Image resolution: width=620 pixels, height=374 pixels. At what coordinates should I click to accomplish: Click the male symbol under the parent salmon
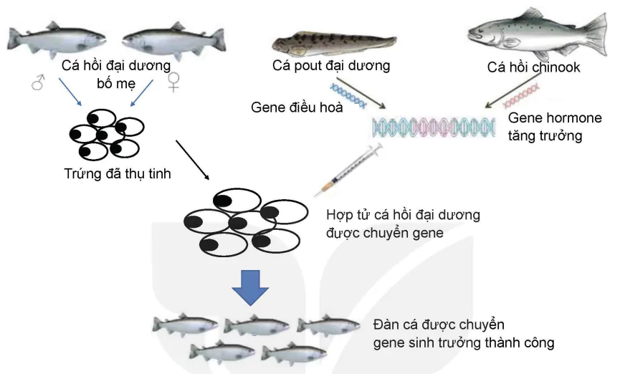(37, 83)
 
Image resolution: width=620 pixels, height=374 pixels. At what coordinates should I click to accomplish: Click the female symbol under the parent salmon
(173, 82)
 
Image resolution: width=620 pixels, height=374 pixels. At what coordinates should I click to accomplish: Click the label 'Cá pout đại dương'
(331, 66)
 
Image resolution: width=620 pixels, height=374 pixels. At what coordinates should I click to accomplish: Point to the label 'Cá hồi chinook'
(533, 68)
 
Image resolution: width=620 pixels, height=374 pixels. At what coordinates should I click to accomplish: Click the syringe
(347, 169)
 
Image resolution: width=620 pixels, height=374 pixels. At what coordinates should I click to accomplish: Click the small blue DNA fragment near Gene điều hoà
(348, 96)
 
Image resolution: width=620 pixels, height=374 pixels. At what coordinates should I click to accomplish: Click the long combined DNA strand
(433, 127)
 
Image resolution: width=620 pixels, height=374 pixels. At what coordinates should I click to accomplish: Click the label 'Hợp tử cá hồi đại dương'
(403, 214)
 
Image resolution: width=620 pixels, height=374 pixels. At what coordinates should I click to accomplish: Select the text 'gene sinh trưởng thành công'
(463, 342)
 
